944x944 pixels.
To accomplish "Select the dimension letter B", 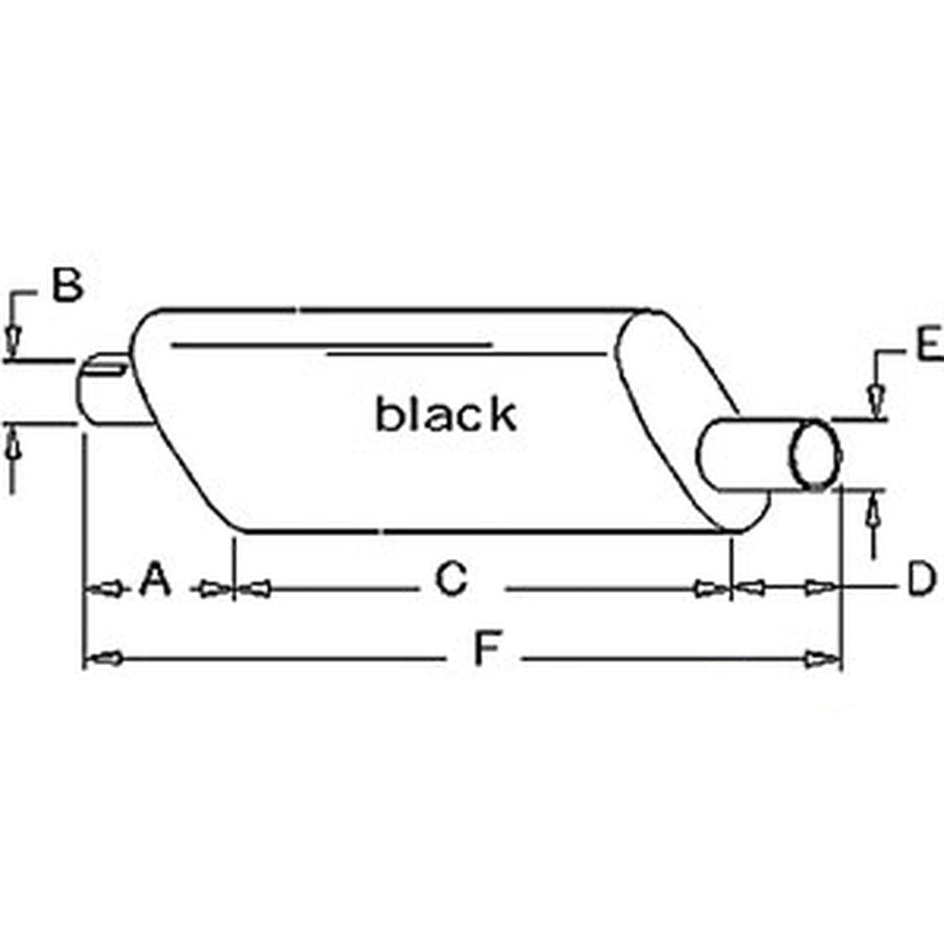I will tap(66, 285).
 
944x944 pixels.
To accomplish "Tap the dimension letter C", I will tap(451, 580).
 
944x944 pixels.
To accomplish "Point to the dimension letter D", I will tap(920, 580).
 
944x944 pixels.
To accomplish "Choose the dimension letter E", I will tap(928, 345).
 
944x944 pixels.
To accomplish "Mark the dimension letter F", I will tap(485, 650).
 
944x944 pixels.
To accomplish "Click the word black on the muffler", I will tap(446, 413).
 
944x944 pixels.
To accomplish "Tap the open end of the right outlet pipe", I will tap(816, 455).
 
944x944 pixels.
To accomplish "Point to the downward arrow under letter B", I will tap(13, 339).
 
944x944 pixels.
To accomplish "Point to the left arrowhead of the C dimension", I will tap(254, 589).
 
